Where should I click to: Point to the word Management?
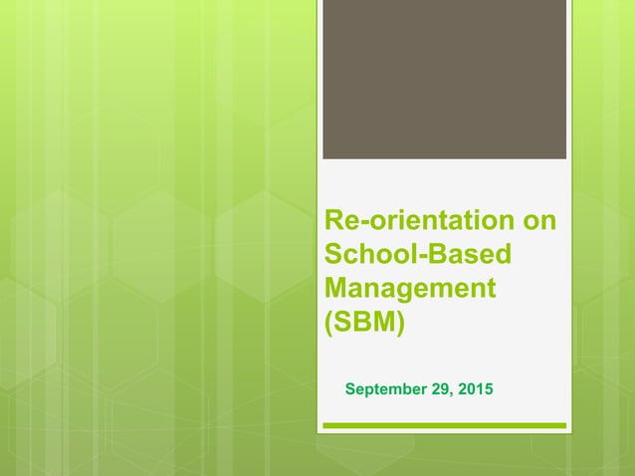(x=410, y=289)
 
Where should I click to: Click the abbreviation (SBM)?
(x=365, y=323)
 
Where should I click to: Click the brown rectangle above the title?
(x=444, y=80)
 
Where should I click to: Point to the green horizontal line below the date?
(x=444, y=426)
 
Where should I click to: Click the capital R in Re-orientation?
(x=335, y=221)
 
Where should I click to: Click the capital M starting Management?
(x=338, y=289)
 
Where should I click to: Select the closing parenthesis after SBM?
(x=400, y=324)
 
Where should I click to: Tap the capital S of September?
(x=349, y=387)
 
